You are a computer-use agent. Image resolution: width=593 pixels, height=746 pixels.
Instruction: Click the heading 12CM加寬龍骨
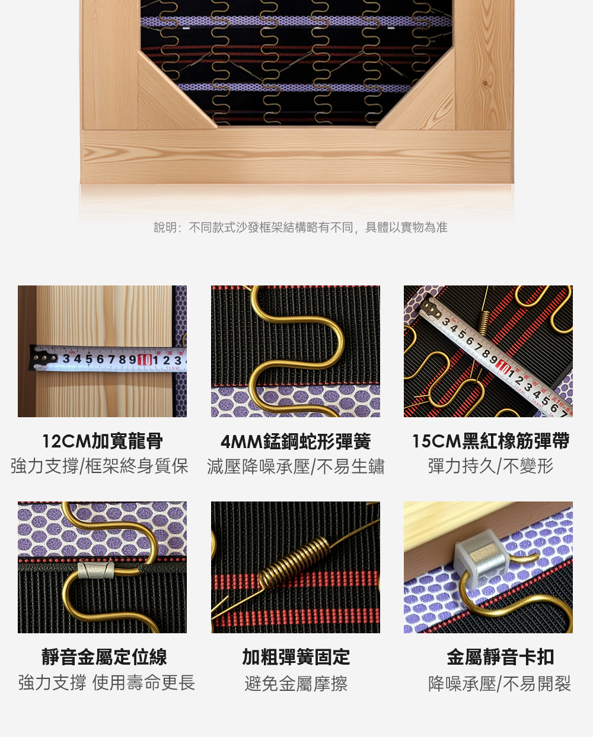point(103,441)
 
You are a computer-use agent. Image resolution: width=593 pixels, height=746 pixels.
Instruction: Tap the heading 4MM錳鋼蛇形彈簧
point(295,441)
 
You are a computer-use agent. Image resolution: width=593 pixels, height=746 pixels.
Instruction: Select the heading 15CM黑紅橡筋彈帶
point(490,441)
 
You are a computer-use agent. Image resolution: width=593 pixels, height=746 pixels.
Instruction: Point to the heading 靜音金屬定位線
point(104,657)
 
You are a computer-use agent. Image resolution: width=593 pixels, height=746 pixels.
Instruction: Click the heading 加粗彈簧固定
point(296,657)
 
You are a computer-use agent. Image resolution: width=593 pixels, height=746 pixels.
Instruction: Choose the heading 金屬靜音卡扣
point(500,657)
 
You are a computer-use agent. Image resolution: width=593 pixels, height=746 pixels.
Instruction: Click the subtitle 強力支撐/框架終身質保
point(100,466)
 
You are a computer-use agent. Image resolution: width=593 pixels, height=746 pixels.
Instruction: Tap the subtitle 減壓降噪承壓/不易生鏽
point(296,466)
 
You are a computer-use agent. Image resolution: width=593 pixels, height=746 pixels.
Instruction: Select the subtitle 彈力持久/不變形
point(490,466)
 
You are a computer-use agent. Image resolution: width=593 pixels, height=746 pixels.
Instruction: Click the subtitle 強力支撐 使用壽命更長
point(107,683)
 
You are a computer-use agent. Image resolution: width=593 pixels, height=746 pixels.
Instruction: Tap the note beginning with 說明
point(301,227)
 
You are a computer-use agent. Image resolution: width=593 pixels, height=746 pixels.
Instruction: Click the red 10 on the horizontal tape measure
point(145,360)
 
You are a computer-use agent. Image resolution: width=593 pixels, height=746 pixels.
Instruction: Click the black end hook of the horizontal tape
point(42,358)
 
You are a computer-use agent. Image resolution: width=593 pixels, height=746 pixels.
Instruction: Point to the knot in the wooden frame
point(485,83)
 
